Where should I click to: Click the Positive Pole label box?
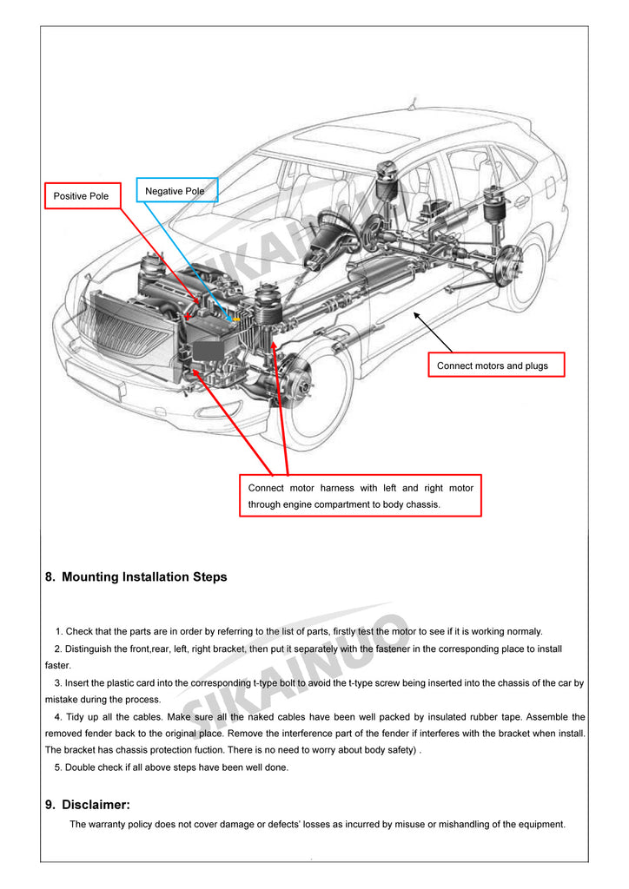coord(82,196)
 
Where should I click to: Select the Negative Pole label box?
coord(175,191)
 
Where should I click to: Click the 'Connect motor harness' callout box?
coord(361,496)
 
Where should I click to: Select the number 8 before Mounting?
coord(50,577)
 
